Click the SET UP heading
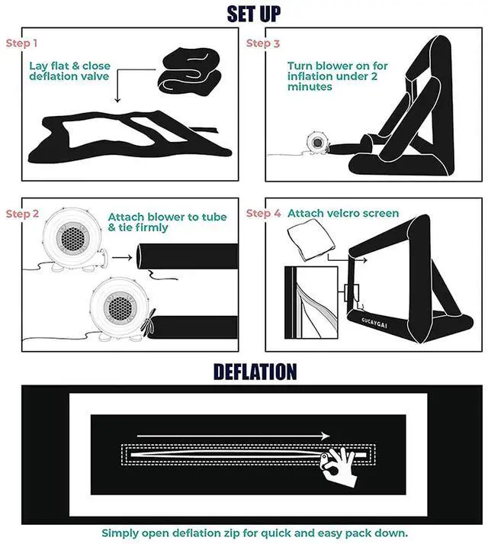pyautogui.click(x=254, y=14)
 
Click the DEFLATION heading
pyautogui.click(x=255, y=372)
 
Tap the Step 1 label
pyautogui.click(x=21, y=43)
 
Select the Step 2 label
pyautogui.click(x=22, y=214)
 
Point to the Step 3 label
pyautogui.click(x=263, y=43)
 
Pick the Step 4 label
pyautogui.click(x=263, y=214)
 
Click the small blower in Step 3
pyautogui.click(x=316, y=142)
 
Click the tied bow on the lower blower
pyautogui.click(x=149, y=323)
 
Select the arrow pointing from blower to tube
pyautogui.click(x=122, y=258)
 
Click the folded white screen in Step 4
pyautogui.click(x=311, y=240)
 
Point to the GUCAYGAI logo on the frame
pyautogui.click(x=374, y=322)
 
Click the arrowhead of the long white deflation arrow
pyautogui.click(x=326, y=436)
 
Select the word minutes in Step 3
pyautogui.click(x=310, y=87)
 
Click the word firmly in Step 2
pyautogui.click(x=152, y=227)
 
